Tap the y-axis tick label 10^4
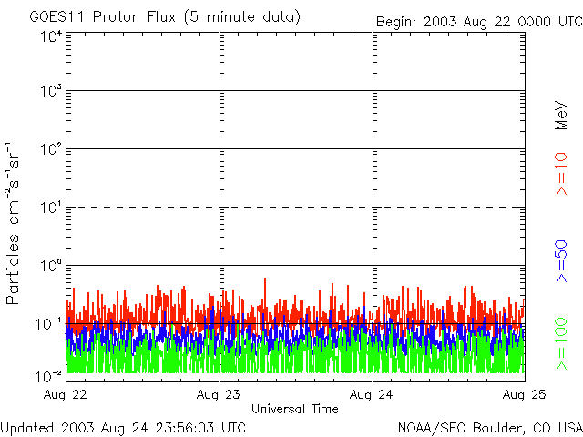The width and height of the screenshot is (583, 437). click(50, 36)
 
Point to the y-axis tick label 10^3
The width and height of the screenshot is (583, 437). click(50, 91)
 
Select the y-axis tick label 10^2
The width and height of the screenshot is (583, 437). click(50, 148)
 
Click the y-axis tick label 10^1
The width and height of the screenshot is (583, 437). click(50, 207)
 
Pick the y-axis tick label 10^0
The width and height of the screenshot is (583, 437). click(50, 265)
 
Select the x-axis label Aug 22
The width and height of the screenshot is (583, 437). click(66, 394)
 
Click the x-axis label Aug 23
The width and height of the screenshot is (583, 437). click(220, 394)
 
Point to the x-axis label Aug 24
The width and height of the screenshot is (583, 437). click(373, 394)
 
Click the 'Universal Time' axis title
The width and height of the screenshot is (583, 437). click(295, 409)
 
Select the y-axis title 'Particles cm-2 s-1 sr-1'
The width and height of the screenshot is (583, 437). click(15, 223)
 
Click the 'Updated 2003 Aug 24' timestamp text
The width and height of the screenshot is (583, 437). click(123, 427)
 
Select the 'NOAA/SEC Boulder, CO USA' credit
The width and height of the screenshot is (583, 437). click(489, 427)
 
